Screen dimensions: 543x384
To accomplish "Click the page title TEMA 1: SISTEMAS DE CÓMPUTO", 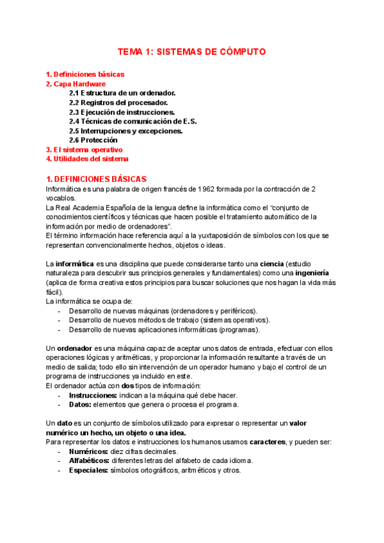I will coord(192,52).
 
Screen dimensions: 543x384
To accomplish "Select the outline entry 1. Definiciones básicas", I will coord(85,74).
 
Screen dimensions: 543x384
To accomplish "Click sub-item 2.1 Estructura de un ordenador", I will coord(122,93).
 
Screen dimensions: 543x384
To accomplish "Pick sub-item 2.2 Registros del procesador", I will coord(119,102).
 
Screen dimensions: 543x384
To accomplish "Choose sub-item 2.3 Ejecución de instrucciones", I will coord(122,112).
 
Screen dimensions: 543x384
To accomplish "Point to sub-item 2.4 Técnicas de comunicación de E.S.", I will coord(132,121).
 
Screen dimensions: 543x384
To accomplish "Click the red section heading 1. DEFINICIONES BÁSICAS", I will coord(97,179).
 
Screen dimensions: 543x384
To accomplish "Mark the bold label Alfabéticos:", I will coord(90,460).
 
